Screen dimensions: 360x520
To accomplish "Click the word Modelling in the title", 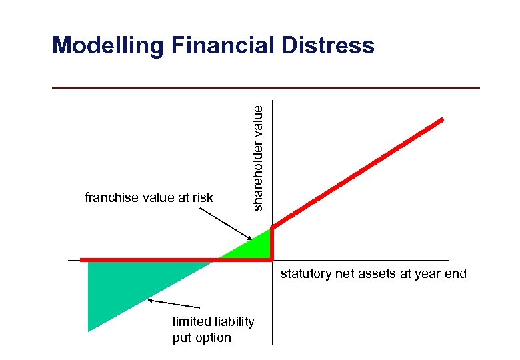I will (x=108, y=45).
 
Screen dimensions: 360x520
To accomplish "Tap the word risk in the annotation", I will (x=202, y=197).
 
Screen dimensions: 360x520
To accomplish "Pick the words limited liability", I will (x=213, y=322).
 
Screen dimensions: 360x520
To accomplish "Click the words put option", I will (x=201, y=337).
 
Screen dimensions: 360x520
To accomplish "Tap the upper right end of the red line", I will (x=441, y=120).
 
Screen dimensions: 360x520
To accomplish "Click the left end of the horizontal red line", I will (x=81, y=259).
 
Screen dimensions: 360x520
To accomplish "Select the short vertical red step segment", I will (x=272, y=244).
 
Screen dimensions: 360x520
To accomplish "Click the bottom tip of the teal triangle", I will (x=89, y=330).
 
